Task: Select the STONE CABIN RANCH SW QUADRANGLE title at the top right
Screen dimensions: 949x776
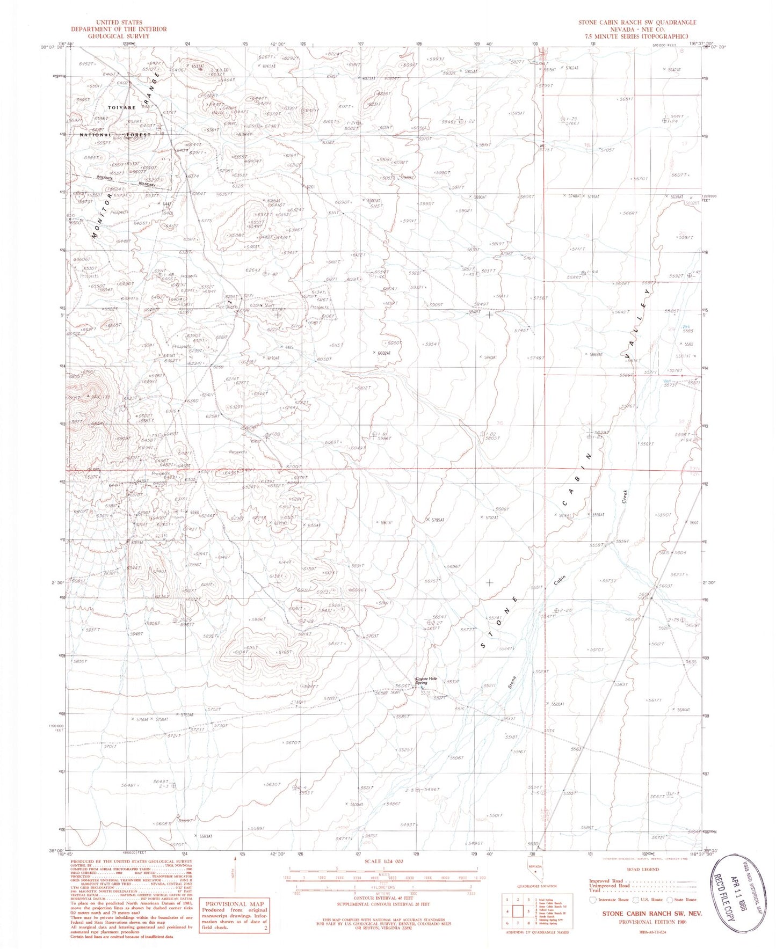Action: pos(637,22)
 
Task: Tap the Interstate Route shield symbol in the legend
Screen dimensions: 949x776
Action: pos(592,899)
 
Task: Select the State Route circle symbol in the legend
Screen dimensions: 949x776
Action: pos(670,899)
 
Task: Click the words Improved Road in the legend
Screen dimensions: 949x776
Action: pos(606,881)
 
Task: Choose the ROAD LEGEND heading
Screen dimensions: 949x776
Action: pos(642,869)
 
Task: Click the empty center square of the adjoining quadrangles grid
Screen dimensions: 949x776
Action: pos(518,911)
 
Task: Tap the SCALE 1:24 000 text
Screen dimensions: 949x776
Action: pos(383,861)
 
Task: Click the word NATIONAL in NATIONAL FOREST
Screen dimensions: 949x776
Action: pos(96,135)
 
